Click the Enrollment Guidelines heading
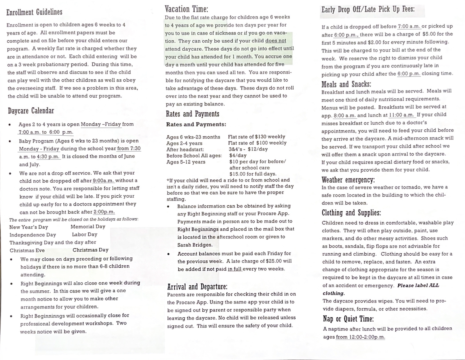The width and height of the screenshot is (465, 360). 34,12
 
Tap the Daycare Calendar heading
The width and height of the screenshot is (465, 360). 31,111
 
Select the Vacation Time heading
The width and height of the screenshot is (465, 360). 186,9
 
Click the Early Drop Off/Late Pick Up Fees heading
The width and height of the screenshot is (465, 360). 368,9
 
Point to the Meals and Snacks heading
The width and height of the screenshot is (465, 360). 346,84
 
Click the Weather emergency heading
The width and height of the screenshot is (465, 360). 348,180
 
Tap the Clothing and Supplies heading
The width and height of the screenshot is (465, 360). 351,213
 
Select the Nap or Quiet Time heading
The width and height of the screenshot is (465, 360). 348,319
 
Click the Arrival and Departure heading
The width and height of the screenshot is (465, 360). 197,286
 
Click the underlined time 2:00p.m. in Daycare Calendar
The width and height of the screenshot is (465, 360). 104,212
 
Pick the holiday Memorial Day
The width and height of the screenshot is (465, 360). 88,227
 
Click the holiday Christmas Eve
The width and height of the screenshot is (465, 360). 27,251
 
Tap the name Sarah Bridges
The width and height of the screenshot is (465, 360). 195,245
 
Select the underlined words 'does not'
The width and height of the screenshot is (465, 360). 275,41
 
